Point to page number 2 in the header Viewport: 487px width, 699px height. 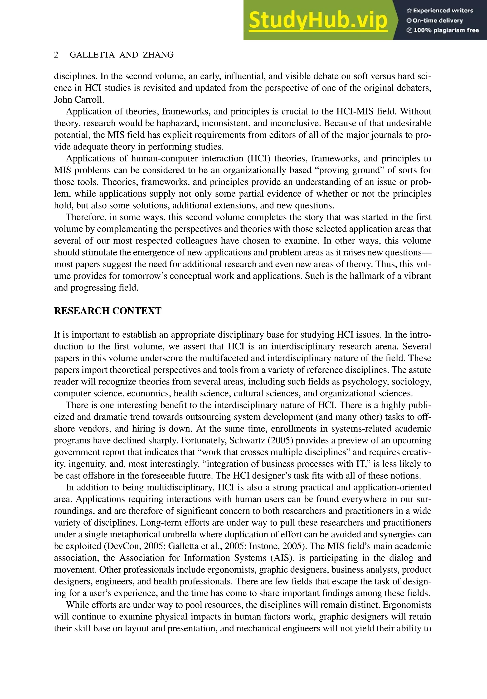(x=56, y=55)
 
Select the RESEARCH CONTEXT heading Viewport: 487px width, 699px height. (x=108, y=311)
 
